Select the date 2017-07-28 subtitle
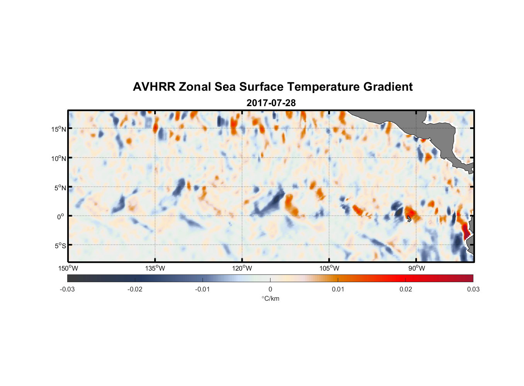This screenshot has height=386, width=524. tap(271, 103)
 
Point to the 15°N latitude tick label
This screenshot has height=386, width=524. tap(58, 129)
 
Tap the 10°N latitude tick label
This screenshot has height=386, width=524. tap(58, 158)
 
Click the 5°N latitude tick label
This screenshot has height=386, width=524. tap(60, 188)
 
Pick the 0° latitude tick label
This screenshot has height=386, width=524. tap(61, 217)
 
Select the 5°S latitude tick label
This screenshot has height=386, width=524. tap(60, 246)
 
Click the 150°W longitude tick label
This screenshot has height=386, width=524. tap(68, 268)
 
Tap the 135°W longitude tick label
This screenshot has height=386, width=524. tap(155, 268)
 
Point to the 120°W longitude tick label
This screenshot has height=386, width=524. tap(242, 268)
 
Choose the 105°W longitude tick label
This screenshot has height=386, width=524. tap(329, 268)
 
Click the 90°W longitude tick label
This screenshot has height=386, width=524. tap(417, 268)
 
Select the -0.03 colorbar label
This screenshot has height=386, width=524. tap(67, 289)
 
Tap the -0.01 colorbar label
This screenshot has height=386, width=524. tap(202, 289)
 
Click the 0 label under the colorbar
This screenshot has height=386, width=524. tap(270, 289)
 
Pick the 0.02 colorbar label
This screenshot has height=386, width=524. tap(406, 289)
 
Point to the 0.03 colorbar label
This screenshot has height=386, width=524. tap(473, 289)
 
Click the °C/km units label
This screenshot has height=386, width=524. tap(270, 298)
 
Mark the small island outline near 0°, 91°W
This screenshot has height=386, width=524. tap(409, 219)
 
